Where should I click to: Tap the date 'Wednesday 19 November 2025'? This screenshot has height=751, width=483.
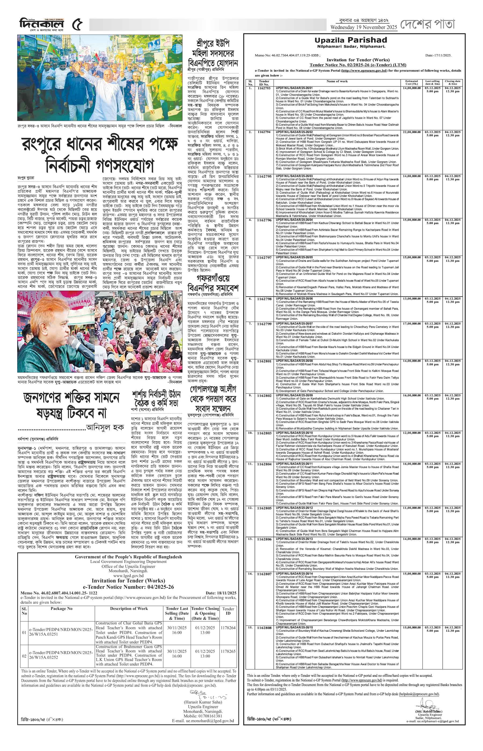coord(364,27)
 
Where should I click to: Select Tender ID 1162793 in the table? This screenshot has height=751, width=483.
coord(264,89)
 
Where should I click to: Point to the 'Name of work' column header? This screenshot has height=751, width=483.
coord(337,81)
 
